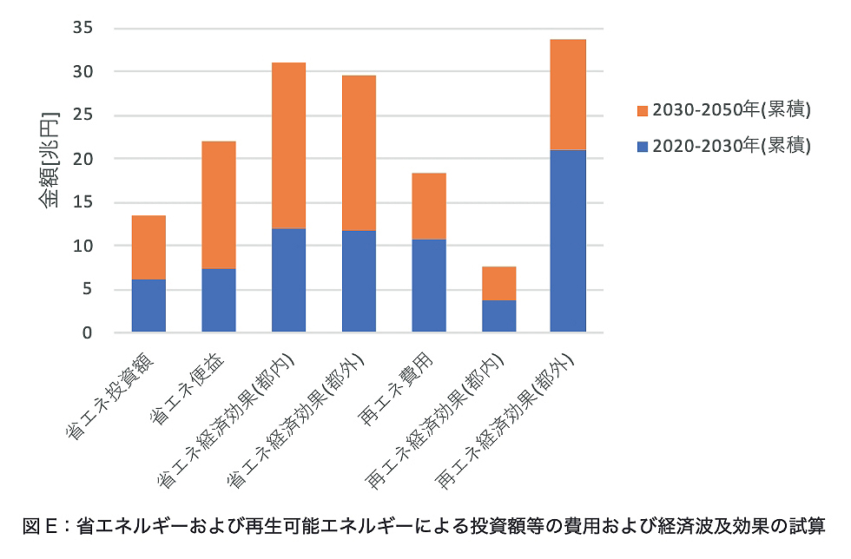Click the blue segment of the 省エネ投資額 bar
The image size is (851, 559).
click(x=148, y=305)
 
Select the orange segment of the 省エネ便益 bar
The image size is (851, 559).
click(x=218, y=205)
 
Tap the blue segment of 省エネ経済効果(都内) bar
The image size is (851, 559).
click(x=288, y=279)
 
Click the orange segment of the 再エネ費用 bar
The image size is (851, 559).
click(x=429, y=206)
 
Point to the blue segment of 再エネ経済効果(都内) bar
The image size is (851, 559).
click(x=498, y=315)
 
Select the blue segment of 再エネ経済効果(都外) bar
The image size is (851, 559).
click(x=569, y=240)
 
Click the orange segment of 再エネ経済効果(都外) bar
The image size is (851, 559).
click(x=569, y=95)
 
